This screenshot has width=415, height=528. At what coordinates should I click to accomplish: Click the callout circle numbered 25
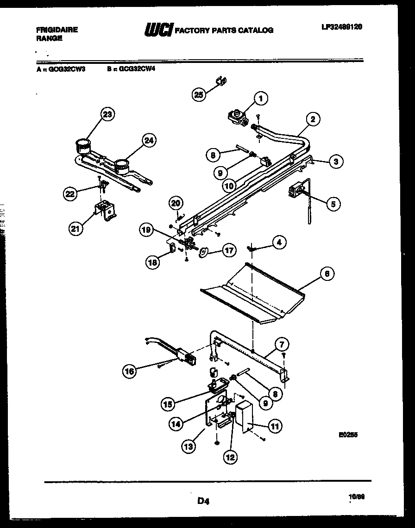coord(198,94)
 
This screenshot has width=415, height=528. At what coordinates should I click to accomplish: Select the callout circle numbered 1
coord(261,98)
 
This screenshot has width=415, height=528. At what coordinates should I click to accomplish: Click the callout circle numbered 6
coord(327,273)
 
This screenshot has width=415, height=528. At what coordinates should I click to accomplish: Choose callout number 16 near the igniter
coord(130,370)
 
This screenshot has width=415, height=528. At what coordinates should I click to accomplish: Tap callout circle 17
coord(228,250)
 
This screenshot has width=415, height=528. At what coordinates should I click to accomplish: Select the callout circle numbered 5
coord(332,203)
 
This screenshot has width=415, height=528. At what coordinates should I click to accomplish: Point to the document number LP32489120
coord(341,27)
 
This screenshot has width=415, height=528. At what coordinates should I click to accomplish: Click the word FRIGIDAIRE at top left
coord(57,30)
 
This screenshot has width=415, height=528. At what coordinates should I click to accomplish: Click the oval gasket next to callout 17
coord(203,251)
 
